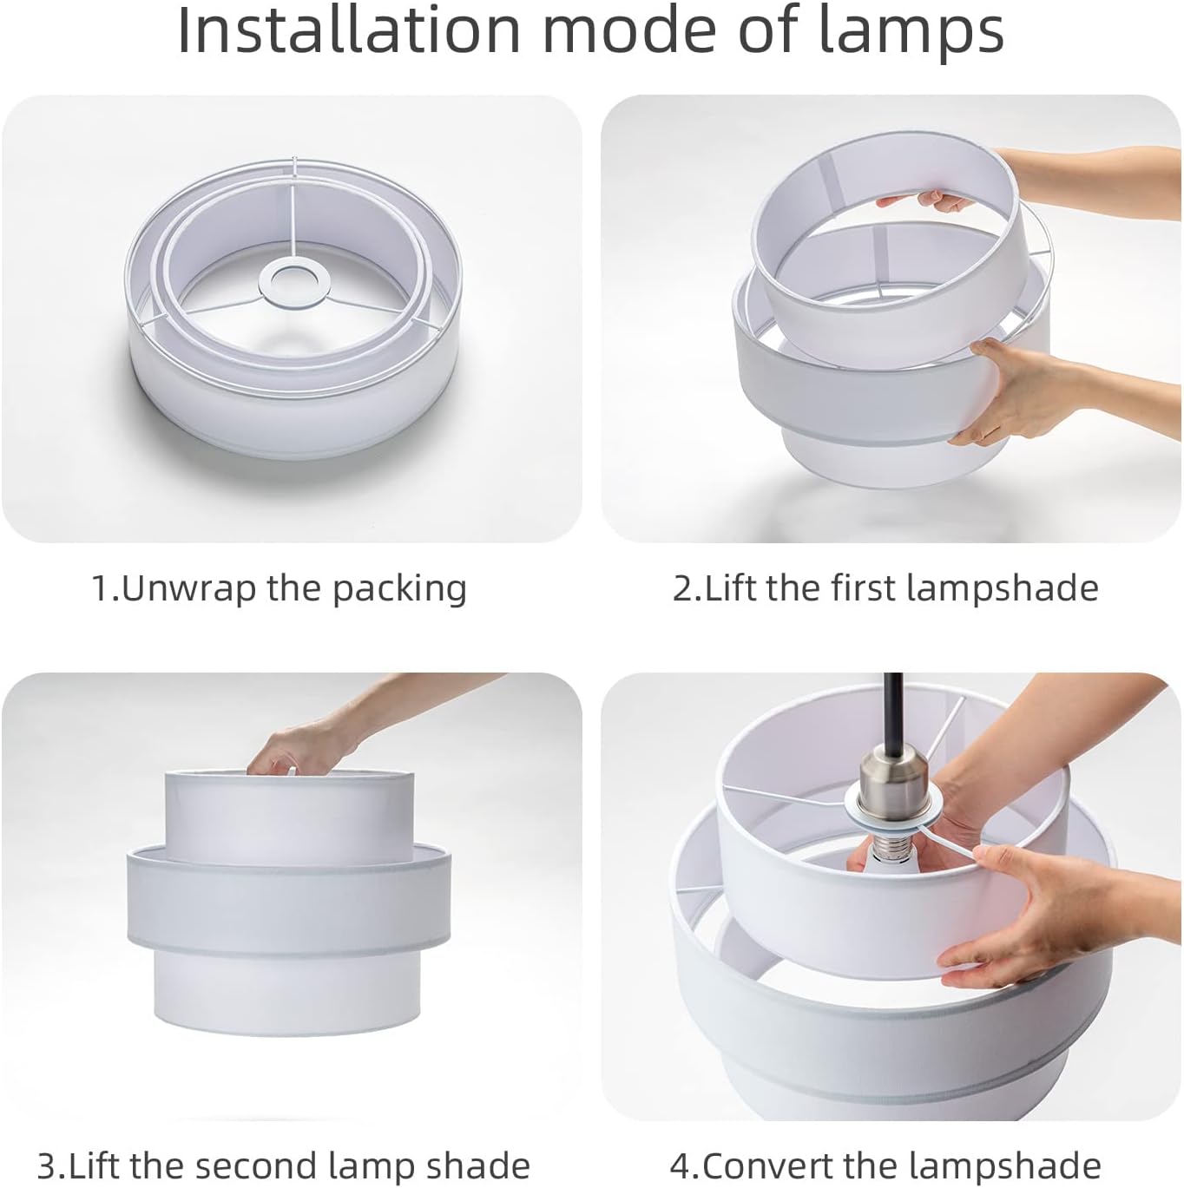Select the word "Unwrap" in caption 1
tap(189, 589)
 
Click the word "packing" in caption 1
tap(400, 589)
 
